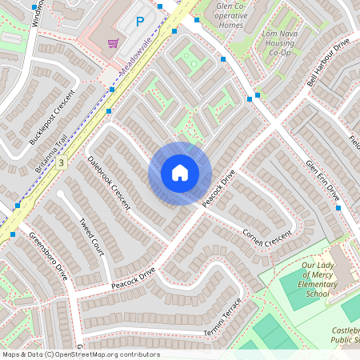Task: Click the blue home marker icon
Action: point(180,173)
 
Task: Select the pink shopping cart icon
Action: point(114,43)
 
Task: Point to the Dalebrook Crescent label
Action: point(109,182)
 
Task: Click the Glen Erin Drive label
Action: point(323,180)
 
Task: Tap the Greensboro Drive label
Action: point(48,256)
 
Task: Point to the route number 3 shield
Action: point(61,162)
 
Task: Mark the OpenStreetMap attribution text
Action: point(81,354)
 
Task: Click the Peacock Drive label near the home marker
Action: point(217,190)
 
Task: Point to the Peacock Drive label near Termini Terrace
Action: point(134,278)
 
